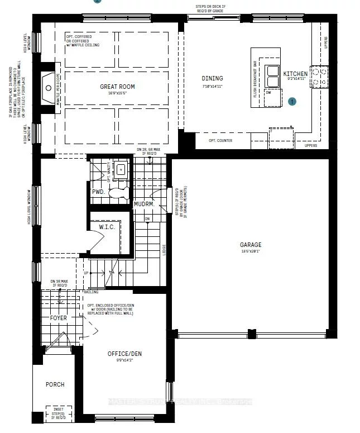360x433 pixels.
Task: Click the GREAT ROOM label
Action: click(117, 87)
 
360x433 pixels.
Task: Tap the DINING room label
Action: click(212, 78)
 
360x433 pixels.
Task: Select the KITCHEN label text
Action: click(295, 74)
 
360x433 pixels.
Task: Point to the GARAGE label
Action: click(251, 245)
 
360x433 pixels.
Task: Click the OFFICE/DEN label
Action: click(125, 354)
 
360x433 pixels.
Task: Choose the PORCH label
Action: click(55, 384)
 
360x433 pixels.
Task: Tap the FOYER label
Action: click(58, 318)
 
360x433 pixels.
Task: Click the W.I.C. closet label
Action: click(107, 227)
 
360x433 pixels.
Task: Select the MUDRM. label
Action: click(145, 204)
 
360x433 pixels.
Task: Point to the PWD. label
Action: click(98, 192)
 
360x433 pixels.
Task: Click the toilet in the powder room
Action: click(118, 193)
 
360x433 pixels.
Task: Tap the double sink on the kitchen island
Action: click(272, 72)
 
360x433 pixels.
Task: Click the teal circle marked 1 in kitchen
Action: click(292, 102)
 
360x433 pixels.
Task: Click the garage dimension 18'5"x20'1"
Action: click(251, 251)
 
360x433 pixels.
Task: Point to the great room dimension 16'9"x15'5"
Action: click(117, 93)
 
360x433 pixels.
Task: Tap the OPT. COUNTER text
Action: click(220, 140)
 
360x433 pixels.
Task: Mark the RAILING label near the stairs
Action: click(91, 292)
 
